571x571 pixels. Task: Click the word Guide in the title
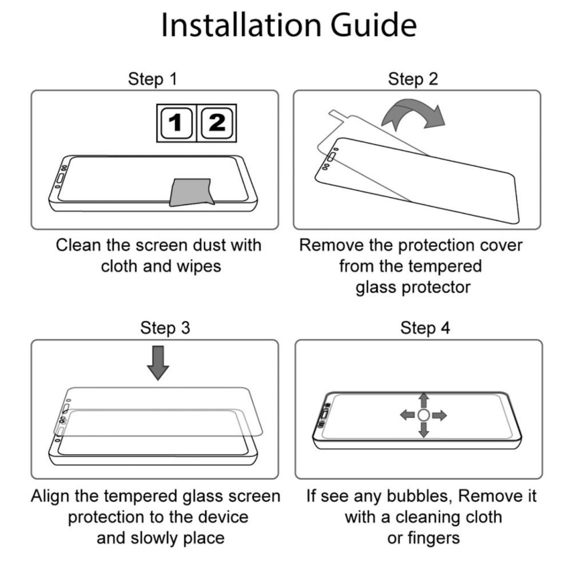373,25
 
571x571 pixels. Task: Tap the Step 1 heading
153,79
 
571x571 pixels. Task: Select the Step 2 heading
413,79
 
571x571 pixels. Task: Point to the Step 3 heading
165,328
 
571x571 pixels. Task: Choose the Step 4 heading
425,328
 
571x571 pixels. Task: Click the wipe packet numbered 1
177,123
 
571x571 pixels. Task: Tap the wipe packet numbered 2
217,123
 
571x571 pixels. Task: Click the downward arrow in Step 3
158,363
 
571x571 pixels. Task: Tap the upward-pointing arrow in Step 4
424,400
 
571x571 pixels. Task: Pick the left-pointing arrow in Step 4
408,415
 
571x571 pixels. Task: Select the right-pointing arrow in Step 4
439,415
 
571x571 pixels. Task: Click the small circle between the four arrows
424,415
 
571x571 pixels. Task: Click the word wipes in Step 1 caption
199,267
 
